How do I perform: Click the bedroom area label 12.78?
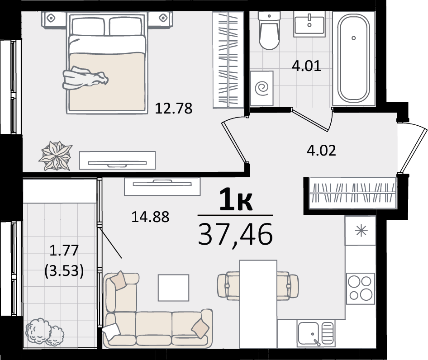click(174, 108)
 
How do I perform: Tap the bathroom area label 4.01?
click(306, 66)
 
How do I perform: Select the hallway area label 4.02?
click(321, 151)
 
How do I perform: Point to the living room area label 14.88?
click(150, 217)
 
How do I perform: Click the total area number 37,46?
click(235, 234)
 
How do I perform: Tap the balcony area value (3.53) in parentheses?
click(64, 271)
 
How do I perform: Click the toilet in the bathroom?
click(269, 31)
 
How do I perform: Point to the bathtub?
click(353, 58)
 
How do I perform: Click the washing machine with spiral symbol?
click(262, 88)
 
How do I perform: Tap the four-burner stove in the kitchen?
click(361, 289)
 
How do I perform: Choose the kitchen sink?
click(316, 333)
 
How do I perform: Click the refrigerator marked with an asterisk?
click(361, 231)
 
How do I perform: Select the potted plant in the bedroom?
click(56, 156)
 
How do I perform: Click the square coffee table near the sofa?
click(174, 288)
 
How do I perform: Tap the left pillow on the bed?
click(88, 26)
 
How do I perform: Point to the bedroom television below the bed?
click(117, 161)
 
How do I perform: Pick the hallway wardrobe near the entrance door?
click(352, 193)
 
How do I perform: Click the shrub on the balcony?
click(45, 332)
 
